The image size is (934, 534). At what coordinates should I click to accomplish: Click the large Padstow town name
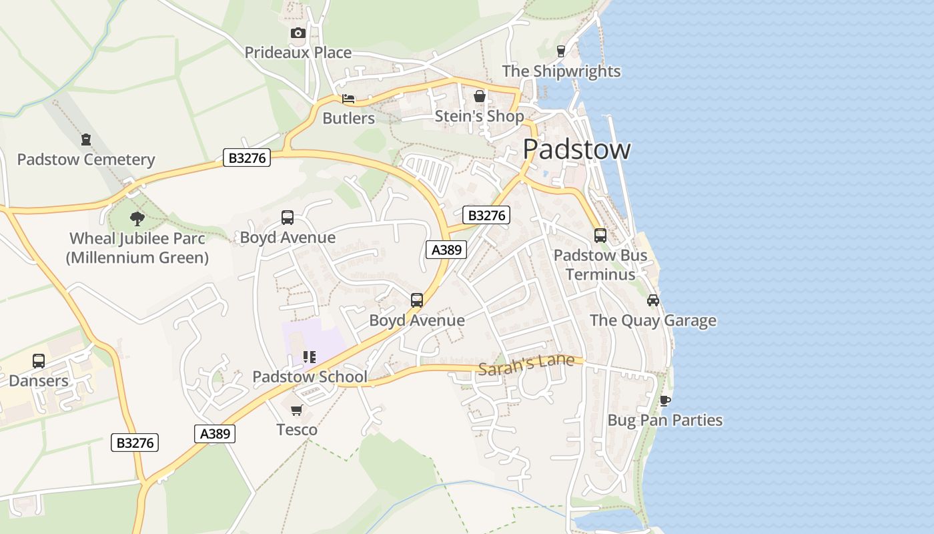coord(576,149)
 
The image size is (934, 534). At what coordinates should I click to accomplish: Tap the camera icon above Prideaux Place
coord(298,33)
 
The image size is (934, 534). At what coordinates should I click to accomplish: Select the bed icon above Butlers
coord(348,99)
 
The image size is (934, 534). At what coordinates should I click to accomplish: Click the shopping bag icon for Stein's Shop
coord(479,97)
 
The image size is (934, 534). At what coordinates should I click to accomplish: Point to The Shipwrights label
coord(561,71)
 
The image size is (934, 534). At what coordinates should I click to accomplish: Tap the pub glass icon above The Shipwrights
coord(560,51)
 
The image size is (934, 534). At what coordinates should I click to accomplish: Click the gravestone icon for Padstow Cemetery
coord(86,140)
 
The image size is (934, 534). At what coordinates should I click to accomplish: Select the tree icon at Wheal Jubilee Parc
coord(137,218)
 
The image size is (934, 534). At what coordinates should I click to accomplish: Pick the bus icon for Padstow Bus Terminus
coord(600,235)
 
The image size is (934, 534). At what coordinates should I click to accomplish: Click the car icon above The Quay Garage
coord(653,300)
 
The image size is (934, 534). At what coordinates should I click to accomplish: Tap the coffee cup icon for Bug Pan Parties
coord(664,400)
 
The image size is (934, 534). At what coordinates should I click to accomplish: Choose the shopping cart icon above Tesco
coord(297,409)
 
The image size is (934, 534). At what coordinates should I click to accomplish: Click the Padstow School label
coord(310,377)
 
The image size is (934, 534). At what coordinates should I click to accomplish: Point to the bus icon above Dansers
coord(39,361)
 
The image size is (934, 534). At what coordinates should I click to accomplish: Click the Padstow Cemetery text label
coord(86,160)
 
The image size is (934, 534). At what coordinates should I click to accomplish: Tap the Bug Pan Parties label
coord(664,421)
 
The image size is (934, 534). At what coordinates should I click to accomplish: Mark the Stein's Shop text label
coord(479,117)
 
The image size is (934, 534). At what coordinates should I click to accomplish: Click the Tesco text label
coord(297,430)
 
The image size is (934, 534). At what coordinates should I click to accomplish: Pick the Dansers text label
coord(39,381)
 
